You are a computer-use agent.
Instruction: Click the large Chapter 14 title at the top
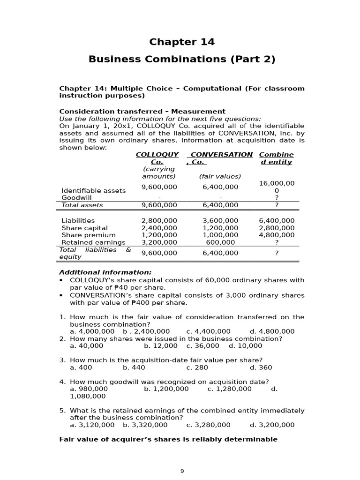[x=182, y=42]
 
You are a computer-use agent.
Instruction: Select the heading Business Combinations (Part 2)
[x=182, y=60]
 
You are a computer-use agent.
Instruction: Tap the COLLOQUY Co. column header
[x=157, y=158]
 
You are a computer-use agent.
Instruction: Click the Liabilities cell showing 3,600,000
[x=220, y=221]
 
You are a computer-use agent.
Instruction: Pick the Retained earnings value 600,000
[x=220, y=242]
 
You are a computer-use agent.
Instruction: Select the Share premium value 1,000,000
[x=220, y=235]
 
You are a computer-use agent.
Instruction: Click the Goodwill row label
[x=76, y=198]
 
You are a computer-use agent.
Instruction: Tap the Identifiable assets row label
[x=94, y=191]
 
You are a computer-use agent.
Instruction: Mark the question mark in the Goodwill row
[x=277, y=198]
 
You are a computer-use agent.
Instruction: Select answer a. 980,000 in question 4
[x=89, y=389]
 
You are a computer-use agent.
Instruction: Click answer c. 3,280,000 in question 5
[x=208, y=425]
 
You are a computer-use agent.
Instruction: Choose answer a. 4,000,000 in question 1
[x=92, y=331]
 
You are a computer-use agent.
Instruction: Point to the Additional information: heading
[x=105, y=272]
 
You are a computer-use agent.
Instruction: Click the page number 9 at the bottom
[x=182, y=471]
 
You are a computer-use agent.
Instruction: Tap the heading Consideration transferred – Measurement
[x=142, y=112]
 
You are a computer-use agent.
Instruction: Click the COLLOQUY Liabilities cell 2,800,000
[x=159, y=221]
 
